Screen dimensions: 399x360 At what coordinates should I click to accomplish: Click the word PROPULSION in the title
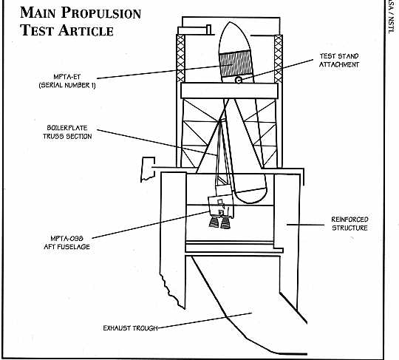point(100,13)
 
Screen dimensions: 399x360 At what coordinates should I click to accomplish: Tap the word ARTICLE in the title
point(86,30)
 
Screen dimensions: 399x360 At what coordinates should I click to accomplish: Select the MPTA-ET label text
point(67,77)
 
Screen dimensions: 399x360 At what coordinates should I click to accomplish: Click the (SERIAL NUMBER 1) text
point(67,85)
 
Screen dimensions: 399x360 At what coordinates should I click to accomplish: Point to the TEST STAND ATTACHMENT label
point(339,61)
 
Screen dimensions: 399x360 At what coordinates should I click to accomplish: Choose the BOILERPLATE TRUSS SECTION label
point(67,132)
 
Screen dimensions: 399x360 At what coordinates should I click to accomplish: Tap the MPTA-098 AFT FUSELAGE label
point(66,242)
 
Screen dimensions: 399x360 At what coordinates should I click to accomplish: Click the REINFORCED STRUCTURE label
point(350,223)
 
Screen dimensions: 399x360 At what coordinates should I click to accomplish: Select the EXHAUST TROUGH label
point(130,328)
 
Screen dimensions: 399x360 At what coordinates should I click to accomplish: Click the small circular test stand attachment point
point(238,80)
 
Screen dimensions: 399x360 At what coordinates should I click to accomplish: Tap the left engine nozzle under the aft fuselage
point(214,222)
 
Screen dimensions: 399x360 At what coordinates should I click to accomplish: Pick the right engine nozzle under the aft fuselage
point(225,223)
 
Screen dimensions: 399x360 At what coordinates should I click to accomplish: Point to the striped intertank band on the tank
point(236,64)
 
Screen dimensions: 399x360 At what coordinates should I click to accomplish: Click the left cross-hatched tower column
point(180,58)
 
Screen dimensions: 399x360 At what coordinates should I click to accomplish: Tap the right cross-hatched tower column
point(278,59)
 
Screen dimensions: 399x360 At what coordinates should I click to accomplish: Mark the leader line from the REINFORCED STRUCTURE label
point(306,225)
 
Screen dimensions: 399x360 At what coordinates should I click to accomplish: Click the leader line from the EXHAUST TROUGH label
point(205,321)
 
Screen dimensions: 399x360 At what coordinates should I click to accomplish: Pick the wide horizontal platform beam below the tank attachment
point(229,91)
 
